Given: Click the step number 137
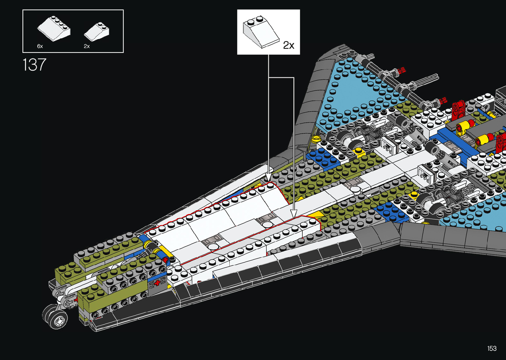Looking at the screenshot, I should pos(34,65).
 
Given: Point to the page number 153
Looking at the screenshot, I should pos(492,348).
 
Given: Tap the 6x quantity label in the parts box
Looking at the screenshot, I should pos(40,46).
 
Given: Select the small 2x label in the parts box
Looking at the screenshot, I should pos(87,46).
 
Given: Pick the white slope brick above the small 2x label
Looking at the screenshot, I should pos(97,32).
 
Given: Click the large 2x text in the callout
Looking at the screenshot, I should pos(289,45).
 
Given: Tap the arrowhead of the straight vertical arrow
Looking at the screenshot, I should pos(268,178).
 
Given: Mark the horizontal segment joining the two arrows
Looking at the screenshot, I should pos(281,78).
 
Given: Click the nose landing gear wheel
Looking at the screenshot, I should pos(55,316).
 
